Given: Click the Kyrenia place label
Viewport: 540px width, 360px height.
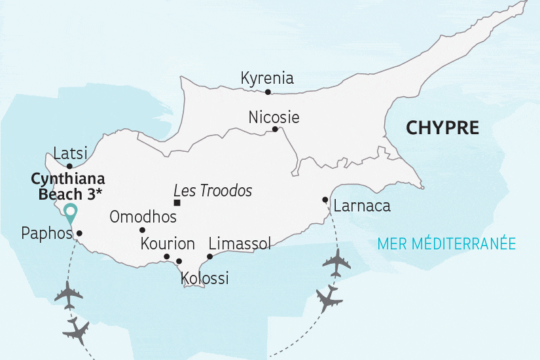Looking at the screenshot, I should [267, 79].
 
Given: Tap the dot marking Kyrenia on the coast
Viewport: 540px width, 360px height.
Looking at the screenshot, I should [268, 92].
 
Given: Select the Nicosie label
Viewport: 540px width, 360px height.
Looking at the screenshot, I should [274, 118].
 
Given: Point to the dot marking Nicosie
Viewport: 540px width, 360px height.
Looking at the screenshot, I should [275, 129].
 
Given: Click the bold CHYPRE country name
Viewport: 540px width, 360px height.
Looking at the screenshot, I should [442, 127].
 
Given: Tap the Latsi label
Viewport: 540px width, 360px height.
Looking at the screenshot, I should [70, 153].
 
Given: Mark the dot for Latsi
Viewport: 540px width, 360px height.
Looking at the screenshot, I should [69, 166].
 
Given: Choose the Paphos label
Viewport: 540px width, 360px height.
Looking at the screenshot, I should [46, 233].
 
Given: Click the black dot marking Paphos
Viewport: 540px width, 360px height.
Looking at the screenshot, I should [79, 233].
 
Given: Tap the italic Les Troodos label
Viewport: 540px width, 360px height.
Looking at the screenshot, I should [213, 191].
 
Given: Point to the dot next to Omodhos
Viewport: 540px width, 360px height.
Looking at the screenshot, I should [142, 230].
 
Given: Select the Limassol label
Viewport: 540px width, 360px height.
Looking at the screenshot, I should [239, 243].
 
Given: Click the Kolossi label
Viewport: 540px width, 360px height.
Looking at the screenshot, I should [204, 278].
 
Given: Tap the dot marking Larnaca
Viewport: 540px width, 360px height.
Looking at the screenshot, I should [325, 200].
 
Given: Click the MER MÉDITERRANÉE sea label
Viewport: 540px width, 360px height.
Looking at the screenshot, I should [446, 244].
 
